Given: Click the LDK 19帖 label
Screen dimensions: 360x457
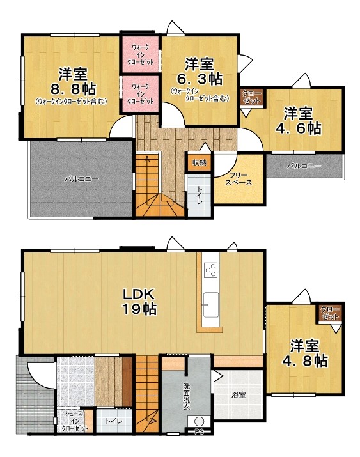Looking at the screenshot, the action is click(x=139, y=302).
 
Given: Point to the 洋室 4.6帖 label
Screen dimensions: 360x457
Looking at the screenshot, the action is click(x=299, y=121).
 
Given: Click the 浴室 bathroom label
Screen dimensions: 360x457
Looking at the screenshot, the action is click(x=239, y=395).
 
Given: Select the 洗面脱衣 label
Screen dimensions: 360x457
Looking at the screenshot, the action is click(x=187, y=396).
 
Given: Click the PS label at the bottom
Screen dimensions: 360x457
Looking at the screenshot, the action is click(x=199, y=432).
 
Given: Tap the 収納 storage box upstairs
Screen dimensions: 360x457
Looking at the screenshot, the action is click(x=199, y=162).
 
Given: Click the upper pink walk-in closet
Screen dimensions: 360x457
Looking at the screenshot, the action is click(x=141, y=54).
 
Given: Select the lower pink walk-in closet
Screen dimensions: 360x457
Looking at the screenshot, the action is click(x=141, y=94).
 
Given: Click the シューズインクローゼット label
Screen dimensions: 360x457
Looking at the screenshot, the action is click(x=75, y=421).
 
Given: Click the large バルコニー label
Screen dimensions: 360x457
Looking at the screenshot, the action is click(x=82, y=179).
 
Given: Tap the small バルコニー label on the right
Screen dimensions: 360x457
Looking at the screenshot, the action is click(x=304, y=166).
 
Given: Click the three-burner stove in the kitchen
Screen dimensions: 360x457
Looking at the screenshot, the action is click(x=211, y=270).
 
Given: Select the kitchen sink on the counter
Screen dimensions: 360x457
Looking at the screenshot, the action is click(x=211, y=305).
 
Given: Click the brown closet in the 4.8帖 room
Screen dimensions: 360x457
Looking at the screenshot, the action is click(x=331, y=313).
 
